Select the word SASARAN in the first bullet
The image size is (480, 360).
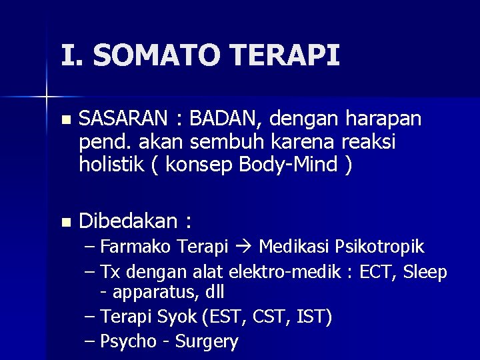click(125, 119)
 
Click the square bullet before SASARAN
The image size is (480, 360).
click(64, 120)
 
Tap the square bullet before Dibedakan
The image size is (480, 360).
click(64, 221)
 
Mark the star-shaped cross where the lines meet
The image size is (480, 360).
click(47, 97)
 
